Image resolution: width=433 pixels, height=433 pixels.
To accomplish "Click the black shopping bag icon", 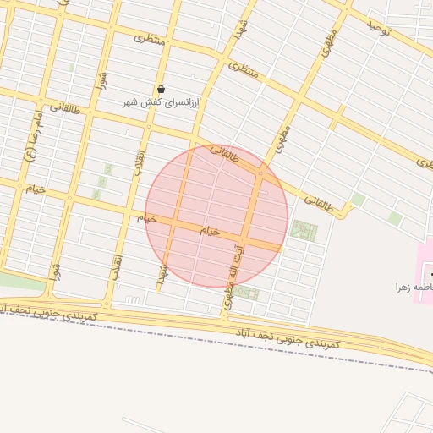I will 161,89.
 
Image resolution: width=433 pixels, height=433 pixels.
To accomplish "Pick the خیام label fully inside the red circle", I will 210,230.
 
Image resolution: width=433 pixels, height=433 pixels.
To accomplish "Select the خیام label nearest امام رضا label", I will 35,189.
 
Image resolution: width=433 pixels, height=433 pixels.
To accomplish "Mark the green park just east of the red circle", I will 302,230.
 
